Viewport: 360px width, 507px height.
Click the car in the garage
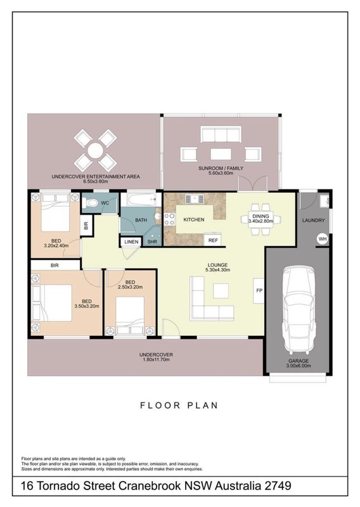tap(299, 310)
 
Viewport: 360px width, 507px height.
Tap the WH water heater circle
tap(323, 240)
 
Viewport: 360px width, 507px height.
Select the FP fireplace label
tap(259, 291)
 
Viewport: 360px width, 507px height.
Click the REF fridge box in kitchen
tap(213, 240)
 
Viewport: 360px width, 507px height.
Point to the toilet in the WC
tap(89, 203)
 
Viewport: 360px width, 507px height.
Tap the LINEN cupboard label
tap(131, 242)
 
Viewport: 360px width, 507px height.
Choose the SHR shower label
tap(152, 242)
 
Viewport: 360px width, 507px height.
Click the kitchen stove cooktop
tap(169, 219)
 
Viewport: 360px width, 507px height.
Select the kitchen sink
tap(195, 198)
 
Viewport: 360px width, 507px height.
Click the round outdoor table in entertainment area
tap(95, 150)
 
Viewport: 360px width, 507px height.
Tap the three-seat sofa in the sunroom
tap(221, 134)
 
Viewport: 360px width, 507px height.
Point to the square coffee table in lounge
tap(221, 290)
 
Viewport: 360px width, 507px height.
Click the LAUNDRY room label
tap(313, 221)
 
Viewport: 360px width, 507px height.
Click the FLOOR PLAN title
tap(179, 406)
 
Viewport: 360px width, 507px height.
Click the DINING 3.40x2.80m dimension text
tap(260, 219)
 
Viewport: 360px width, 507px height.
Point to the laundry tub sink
tap(324, 201)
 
